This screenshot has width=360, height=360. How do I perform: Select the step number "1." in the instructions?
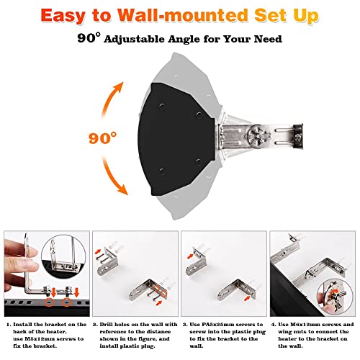tap(8, 326)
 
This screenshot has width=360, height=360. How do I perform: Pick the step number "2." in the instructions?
tap(96, 326)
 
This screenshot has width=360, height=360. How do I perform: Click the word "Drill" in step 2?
tap(112, 326)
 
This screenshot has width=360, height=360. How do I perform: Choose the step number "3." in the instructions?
tap(184, 326)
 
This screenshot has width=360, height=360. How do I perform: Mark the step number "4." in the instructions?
tap(272, 326)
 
